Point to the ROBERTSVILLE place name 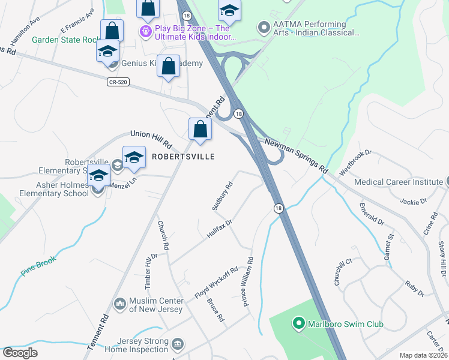[x=183, y=156]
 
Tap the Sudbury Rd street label [x=221, y=196]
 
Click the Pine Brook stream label [x=38, y=266]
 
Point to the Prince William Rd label [x=248, y=282]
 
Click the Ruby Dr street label [x=414, y=289]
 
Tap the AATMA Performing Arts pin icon [x=262, y=28]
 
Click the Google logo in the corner [x=20, y=352]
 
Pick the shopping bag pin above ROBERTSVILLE [x=200, y=130]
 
